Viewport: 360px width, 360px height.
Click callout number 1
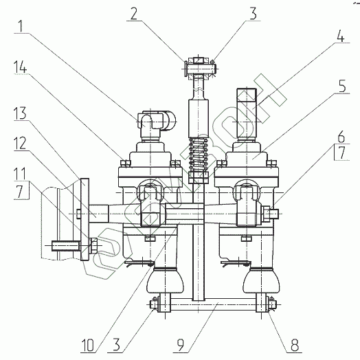click(21, 26)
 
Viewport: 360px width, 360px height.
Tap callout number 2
click(134, 14)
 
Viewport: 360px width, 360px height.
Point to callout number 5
click(342, 87)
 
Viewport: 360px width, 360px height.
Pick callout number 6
click(341, 137)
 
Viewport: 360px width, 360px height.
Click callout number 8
click(295, 345)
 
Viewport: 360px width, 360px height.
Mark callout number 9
click(181, 346)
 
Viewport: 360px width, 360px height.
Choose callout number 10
click(87, 346)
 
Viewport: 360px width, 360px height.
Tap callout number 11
click(20, 174)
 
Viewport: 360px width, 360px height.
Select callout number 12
click(20, 144)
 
